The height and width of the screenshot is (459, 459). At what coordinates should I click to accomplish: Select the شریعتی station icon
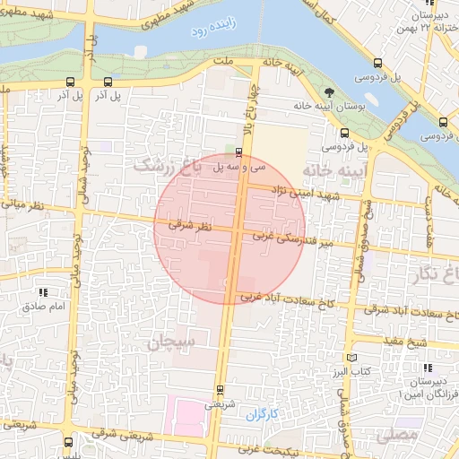click(x=221, y=389)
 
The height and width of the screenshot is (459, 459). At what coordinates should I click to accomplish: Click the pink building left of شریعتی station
click(x=189, y=418)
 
